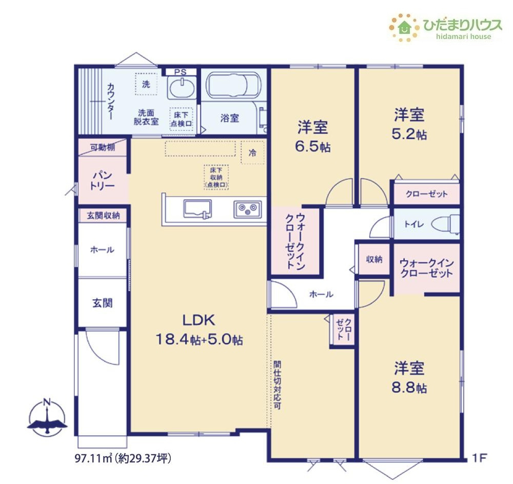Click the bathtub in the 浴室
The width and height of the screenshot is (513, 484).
233,85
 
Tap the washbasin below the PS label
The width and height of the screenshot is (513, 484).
182,87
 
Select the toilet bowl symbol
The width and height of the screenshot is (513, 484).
445,224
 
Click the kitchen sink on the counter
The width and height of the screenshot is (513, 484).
197,209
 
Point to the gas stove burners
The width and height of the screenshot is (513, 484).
247,209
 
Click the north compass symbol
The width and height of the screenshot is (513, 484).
47,417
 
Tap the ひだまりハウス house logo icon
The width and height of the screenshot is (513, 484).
404,28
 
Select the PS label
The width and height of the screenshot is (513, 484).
180,72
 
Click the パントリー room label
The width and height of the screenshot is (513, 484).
102,180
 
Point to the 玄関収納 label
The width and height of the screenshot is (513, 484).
103,216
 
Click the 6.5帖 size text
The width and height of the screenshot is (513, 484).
312,147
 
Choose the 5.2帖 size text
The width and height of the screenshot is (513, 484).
409,134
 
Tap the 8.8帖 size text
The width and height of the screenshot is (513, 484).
409,388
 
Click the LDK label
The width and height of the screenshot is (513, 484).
199,320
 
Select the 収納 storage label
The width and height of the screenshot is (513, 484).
374,260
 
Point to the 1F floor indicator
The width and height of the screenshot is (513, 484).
479,457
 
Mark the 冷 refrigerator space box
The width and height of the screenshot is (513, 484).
252,152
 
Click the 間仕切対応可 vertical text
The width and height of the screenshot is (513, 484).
277,385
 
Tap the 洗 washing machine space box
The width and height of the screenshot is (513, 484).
146,84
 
